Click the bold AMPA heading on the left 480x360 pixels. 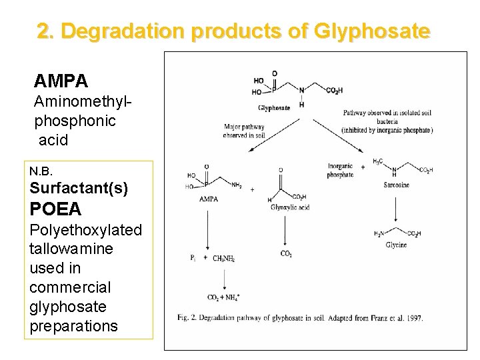[x=61, y=81]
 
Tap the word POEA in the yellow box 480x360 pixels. [x=55, y=209]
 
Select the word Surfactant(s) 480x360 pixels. [x=79, y=189]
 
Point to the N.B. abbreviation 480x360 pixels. [x=39, y=172]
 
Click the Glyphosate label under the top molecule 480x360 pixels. [x=274, y=108]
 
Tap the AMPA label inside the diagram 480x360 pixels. [x=209, y=199]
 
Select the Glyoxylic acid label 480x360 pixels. [x=290, y=207]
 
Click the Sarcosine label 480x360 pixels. [x=397, y=185]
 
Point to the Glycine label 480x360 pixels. [x=396, y=245]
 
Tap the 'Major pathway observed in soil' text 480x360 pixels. [x=244, y=131]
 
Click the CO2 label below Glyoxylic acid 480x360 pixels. [x=286, y=253]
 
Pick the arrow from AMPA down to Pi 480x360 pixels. [x=208, y=227]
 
